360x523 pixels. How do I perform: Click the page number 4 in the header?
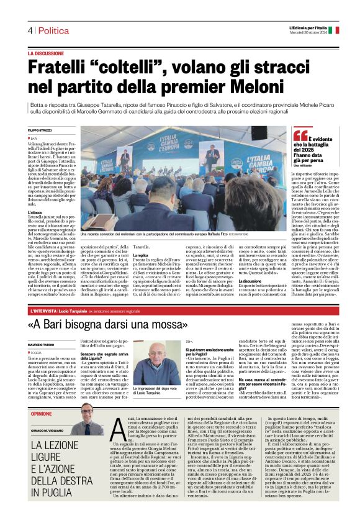(x=29, y=30)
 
